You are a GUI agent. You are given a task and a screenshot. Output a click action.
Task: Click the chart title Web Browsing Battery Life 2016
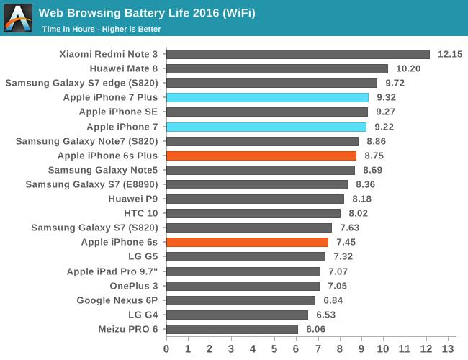coord(146,13)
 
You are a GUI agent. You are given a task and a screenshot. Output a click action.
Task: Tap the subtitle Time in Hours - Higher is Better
coord(101,30)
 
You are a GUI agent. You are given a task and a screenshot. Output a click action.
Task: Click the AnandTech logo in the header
coord(18,18)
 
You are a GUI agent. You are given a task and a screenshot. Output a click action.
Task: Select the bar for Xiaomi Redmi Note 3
coord(298,54)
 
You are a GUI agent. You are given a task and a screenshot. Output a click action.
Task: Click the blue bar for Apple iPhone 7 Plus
coord(267,97)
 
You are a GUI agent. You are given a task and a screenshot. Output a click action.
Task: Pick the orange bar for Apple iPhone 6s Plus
coord(261,156)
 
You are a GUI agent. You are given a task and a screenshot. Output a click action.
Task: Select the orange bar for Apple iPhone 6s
coord(247,243)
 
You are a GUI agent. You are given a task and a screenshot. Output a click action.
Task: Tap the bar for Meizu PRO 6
coord(232,329)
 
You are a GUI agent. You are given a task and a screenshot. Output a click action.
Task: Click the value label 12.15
coord(450,54)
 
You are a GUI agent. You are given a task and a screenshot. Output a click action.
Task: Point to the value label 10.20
coord(408,68)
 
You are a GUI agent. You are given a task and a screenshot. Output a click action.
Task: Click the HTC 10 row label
coord(141,213)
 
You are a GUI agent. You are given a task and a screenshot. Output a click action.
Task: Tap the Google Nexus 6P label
coord(117,300)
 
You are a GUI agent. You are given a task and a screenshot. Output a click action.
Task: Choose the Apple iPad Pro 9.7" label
coord(112,271)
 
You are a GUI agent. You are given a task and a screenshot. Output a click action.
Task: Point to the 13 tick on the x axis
coord(448,349)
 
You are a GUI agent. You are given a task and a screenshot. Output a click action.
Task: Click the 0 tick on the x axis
coord(166,349)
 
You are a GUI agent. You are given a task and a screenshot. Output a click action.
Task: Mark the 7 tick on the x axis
coord(318,349)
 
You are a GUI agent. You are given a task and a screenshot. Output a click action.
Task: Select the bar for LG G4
coord(237,315)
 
